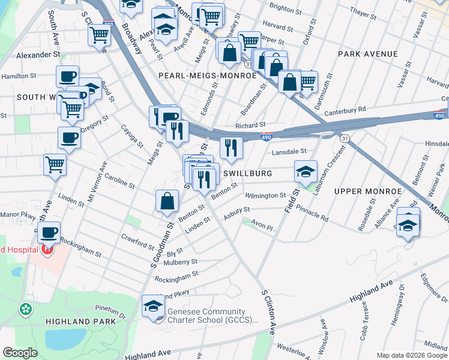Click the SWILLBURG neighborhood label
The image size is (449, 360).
pyautogui.click(x=248, y=173)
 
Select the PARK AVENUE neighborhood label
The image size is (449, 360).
pyautogui.click(x=367, y=54)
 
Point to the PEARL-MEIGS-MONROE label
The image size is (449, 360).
pyautogui.click(x=207, y=76)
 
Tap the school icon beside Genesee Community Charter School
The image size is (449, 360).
pyautogui.click(x=154, y=307)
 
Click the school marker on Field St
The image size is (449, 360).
pyautogui.click(x=306, y=172)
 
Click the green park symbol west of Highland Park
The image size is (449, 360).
pyautogui.click(x=26, y=310)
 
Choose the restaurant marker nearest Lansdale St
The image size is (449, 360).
pyautogui.click(x=231, y=146)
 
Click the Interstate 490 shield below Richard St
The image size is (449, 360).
pyautogui.click(x=267, y=137)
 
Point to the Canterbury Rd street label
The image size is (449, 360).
pyautogui.click(x=345, y=110)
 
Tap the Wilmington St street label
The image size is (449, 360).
pyautogui.click(x=266, y=196)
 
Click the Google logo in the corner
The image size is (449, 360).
pyautogui.click(x=20, y=353)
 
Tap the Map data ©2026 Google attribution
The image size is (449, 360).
pyautogui.click(x=411, y=355)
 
